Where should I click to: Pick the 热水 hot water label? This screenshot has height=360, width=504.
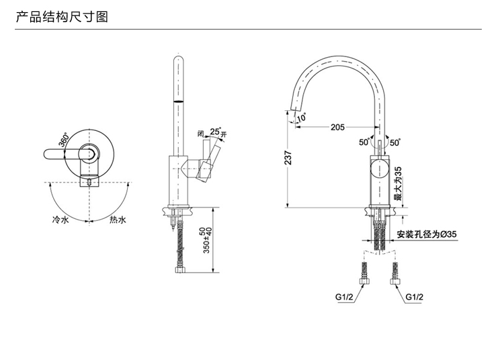118,220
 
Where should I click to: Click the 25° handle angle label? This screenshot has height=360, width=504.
214,132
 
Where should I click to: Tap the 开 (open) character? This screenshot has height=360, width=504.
224,134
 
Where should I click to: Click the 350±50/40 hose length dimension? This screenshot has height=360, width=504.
208,240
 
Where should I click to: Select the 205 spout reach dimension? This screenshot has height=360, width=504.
337,127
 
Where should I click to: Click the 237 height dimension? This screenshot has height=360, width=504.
288,158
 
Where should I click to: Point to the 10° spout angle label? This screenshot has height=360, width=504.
300,118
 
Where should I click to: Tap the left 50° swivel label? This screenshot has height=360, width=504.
364,142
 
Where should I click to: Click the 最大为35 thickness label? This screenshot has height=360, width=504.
398,184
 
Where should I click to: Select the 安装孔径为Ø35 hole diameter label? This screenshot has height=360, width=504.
427,234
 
